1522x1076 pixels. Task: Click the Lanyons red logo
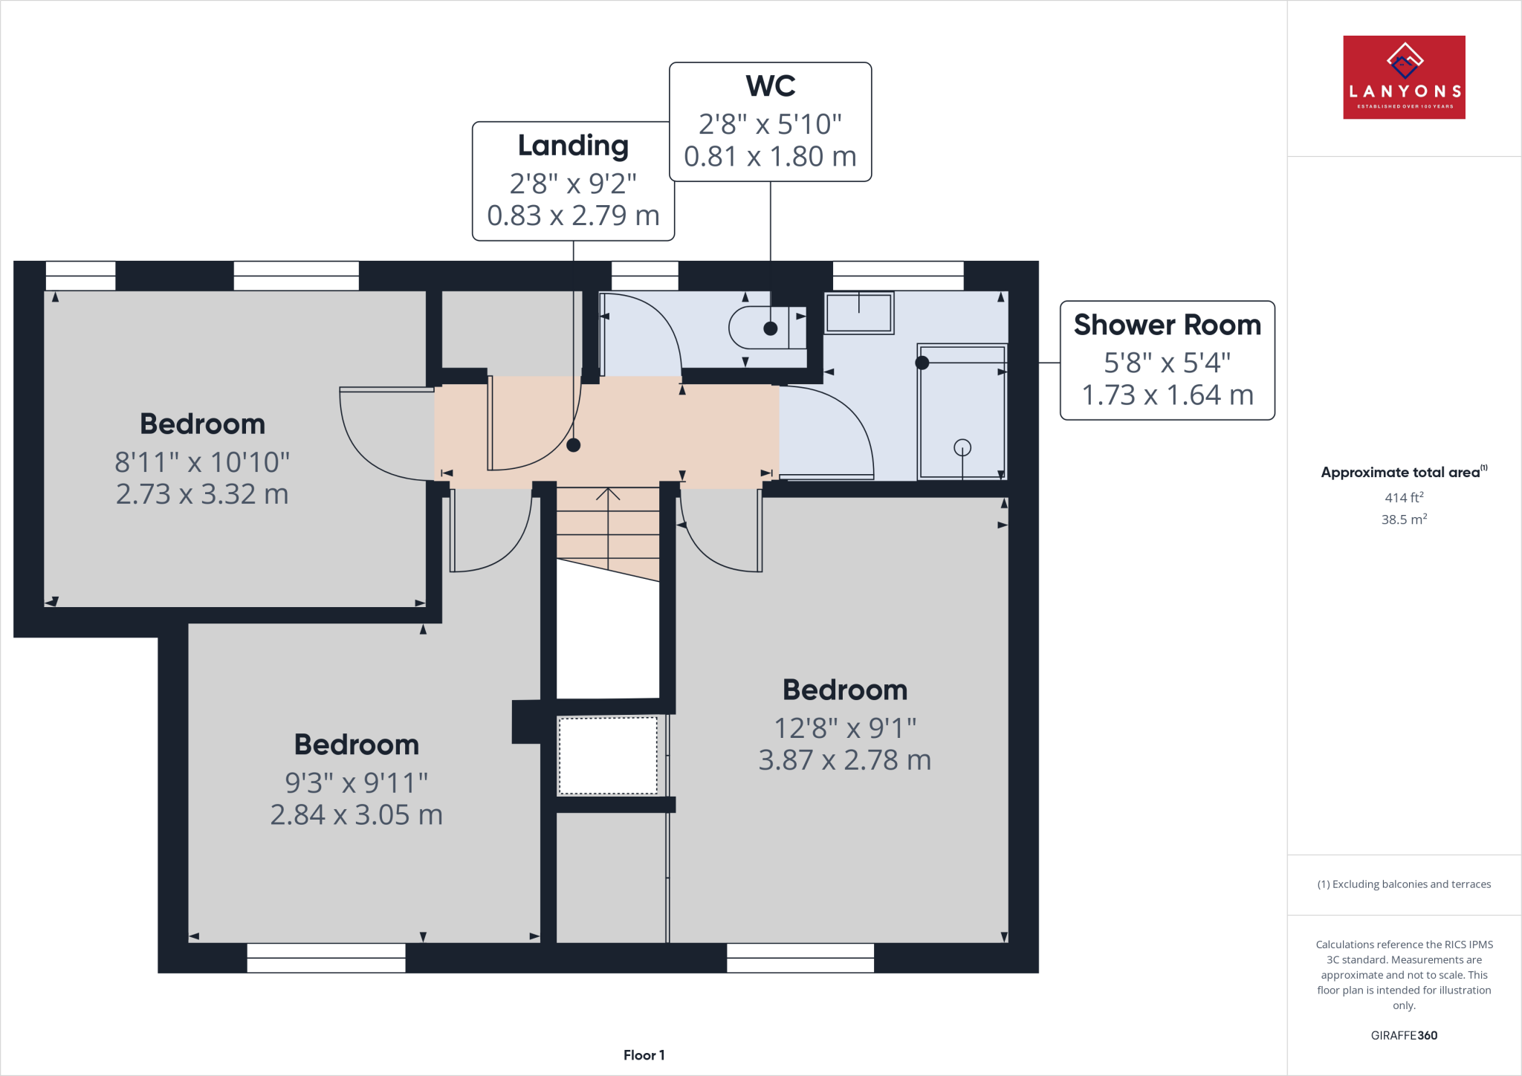1404,77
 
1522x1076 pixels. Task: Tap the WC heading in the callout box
771,86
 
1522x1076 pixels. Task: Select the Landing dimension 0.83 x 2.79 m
573,215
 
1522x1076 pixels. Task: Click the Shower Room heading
1167,325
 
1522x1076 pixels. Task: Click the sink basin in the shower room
858,313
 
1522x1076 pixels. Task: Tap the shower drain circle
962,447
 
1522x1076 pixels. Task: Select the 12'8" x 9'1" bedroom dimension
845,728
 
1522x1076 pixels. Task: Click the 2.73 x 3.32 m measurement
202,494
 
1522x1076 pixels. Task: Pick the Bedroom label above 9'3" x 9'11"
357,745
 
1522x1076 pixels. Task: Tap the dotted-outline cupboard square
608,755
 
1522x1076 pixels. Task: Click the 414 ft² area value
1403,498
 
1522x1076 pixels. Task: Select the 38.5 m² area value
1403,519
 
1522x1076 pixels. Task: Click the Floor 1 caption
644,1055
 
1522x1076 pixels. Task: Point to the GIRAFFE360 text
1403,1035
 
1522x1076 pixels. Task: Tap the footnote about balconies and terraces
1403,884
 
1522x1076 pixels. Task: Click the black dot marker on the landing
573,445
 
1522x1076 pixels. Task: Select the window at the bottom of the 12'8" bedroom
800,958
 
